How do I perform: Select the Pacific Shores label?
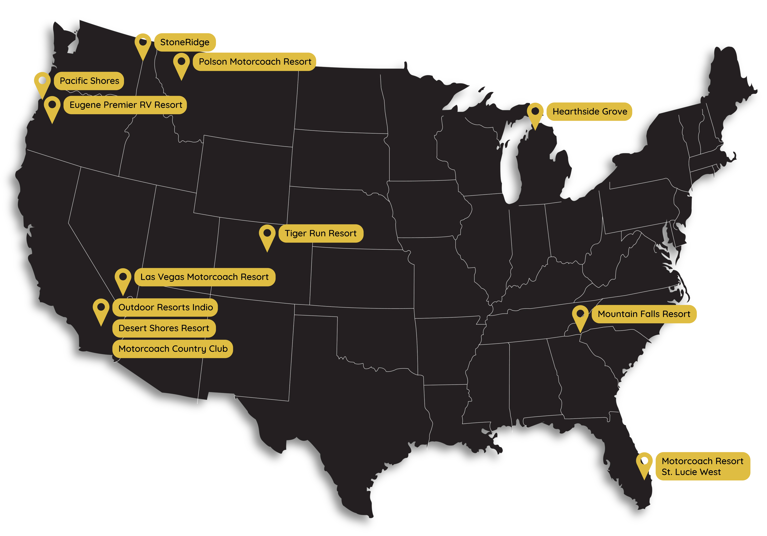(x=89, y=81)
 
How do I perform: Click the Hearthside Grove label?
(x=590, y=112)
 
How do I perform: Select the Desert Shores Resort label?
(x=164, y=328)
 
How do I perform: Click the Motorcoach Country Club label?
(x=173, y=349)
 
